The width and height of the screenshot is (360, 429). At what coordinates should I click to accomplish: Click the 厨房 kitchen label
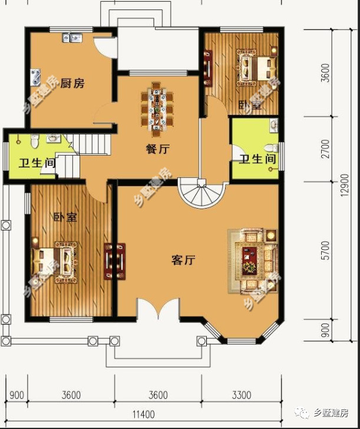tap(72, 83)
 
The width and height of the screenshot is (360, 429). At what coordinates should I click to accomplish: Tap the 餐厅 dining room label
tap(158, 149)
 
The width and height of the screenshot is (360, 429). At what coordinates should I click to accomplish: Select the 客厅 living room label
tap(183, 260)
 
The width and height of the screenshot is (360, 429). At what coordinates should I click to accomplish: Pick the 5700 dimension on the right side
tap(326, 255)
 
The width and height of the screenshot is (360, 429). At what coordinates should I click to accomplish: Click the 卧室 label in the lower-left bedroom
tap(65, 217)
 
